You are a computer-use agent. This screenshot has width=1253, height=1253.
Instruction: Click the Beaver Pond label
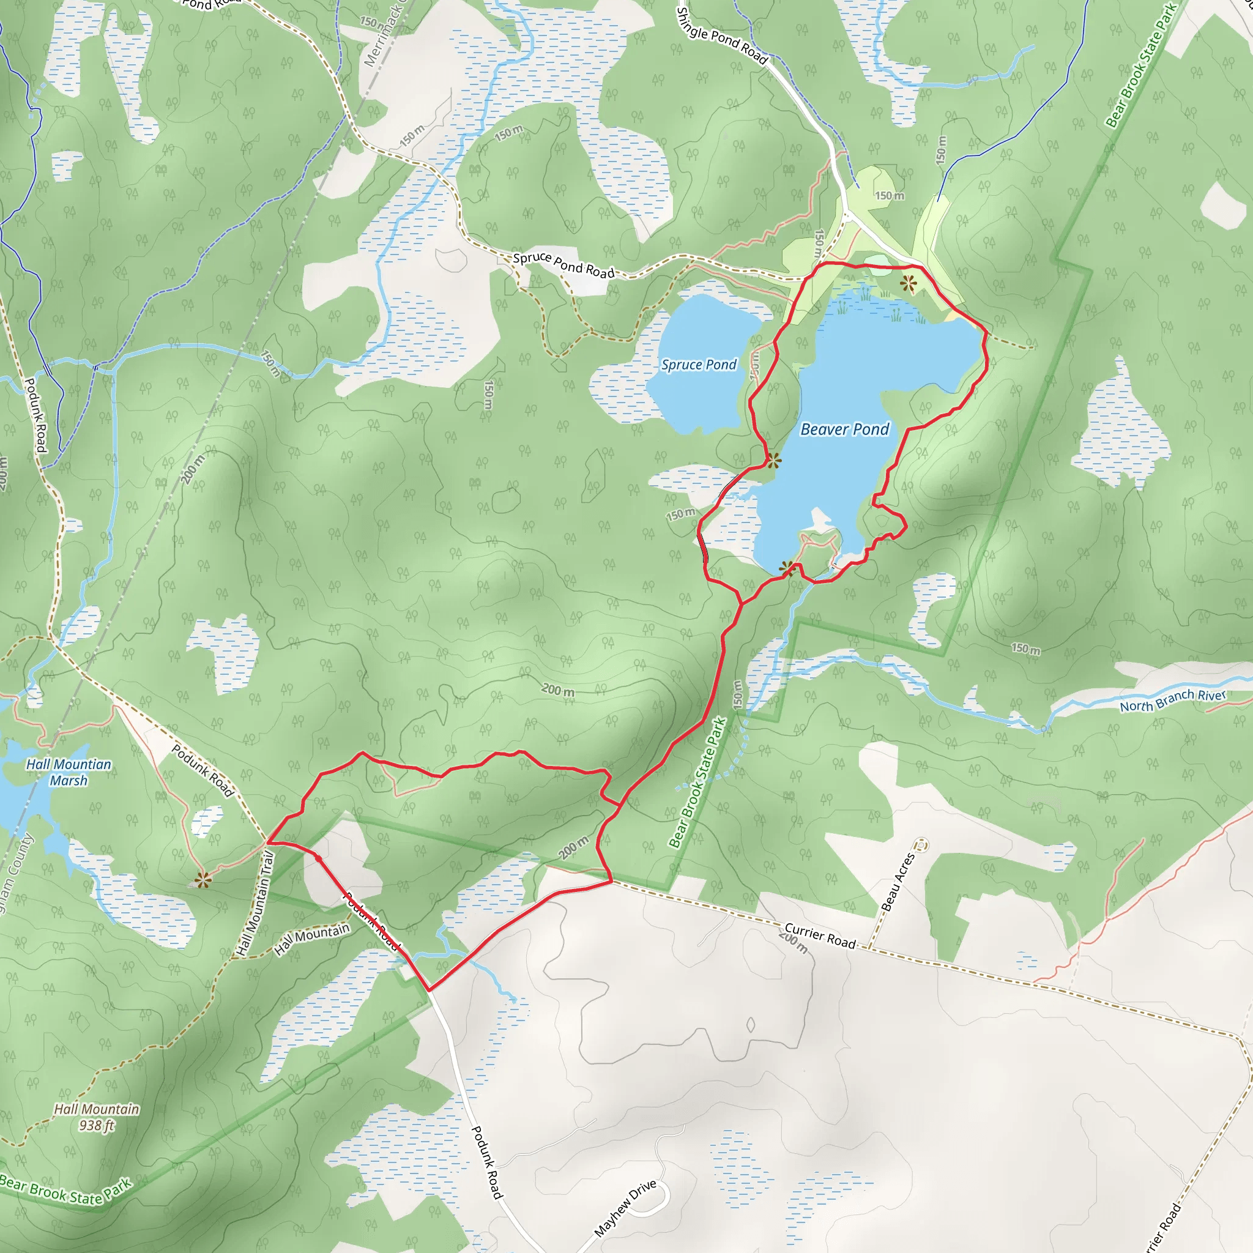pyautogui.click(x=844, y=429)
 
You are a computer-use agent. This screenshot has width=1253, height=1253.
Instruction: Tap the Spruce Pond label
pyautogui.click(x=699, y=365)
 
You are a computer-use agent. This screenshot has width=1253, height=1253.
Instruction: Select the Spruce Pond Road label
pyautogui.click(x=563, y=264)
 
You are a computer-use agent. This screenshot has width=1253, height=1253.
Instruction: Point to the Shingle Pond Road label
pyautogui.click(x=721, y=36)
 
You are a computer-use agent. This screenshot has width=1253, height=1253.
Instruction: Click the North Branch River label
pyautogui.click(x=1173, y=700)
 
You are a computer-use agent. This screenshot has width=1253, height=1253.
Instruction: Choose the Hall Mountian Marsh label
pyautogui.click(x=69, y=772)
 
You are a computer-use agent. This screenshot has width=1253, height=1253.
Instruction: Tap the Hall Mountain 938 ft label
pyautogui.click(x=97, y=1117)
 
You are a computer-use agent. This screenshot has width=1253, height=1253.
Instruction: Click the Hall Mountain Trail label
pyautogui.click(x=256, y=904)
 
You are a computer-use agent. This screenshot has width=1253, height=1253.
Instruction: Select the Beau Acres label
pyautogui.click(x=898, y=882)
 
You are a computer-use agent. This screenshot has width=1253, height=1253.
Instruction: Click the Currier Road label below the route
pyautogui.click(x=820, y=936)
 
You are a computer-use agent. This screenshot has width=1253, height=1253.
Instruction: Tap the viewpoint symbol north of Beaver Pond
pyautogui.click(x=908, y=283)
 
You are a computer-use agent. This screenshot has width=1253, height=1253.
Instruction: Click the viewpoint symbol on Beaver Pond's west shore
pyautogui.click(x=773, y=461)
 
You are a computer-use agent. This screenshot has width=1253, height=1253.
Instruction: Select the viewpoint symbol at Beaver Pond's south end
pyautogui.click(x=787, y=569)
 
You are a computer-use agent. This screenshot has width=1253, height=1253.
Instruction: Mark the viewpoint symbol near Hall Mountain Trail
pyautogui.click(x=203, y=880)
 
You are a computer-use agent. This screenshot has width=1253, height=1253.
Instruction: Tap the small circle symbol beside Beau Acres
pyautogui.click(x=921, y=845)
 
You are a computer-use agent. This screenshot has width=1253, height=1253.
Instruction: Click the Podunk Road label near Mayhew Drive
pyautogui.click(x=486, y=1162)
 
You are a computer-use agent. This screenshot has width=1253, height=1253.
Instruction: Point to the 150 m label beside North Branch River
pyautogui.click(x=1025, y=649)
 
